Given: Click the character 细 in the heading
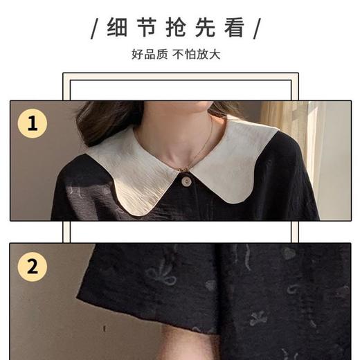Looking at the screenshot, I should coord(117,28).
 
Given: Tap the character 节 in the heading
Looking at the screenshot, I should coord(149,28).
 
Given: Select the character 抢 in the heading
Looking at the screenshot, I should coord(180,28).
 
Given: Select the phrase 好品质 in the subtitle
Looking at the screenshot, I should coord(150,53).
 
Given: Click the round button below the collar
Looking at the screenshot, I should coord(185,181).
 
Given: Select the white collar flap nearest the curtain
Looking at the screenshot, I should coord(239,163).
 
